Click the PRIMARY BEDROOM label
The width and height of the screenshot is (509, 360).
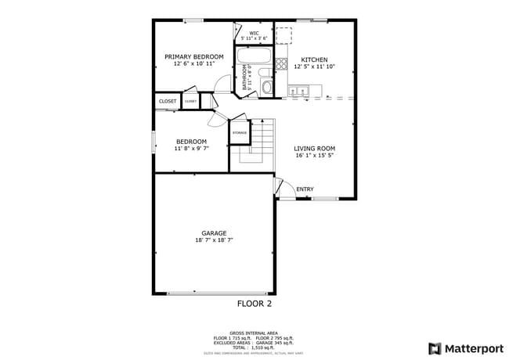[193, 56]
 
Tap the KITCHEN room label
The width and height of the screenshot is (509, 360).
[314, 59]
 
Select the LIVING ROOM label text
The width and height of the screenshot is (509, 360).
[314, 148]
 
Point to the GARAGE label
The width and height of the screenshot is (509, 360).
[214, 232]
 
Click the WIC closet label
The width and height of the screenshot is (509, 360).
[254, 33]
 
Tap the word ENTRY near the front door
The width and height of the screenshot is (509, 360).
[305, 189]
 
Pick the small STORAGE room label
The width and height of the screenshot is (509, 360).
[239, 133]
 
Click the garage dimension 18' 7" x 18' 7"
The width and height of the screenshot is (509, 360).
[214, 240]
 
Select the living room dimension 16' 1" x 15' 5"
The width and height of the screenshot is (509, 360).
[314, 156]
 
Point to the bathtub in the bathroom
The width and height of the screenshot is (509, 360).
[254, 56]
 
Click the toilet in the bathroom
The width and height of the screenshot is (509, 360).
[266, 86]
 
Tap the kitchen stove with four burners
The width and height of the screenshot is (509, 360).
[282, 64]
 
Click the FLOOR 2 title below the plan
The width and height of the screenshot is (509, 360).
[254, 303]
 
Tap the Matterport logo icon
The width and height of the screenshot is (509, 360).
[434, 348]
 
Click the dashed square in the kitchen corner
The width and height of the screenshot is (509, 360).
[283, 34]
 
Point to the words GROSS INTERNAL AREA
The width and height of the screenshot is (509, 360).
[254, 332]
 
